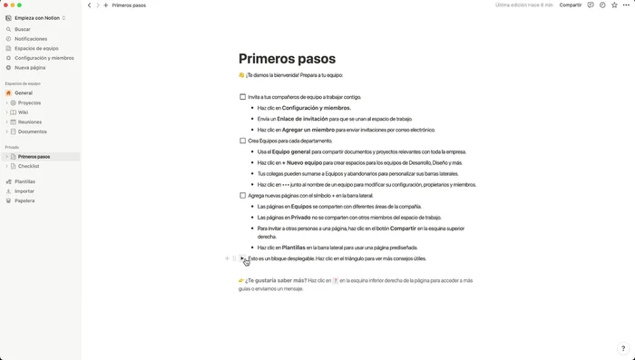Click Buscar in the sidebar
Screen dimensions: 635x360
[23, 29]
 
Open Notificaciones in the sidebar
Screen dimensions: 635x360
[31, 39]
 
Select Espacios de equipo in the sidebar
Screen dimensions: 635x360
[36, 48]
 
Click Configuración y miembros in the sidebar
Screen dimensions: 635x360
[44, 58]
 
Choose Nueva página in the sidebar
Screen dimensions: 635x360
[30, 67]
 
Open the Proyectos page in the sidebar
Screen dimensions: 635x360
[29, 102]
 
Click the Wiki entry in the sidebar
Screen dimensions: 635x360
[24, 112]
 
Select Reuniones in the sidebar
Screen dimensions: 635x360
[30, 122]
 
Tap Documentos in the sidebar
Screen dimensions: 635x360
[33, 131]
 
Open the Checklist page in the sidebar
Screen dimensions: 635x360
[28, 166]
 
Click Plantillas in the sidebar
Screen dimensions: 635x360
[25, 181]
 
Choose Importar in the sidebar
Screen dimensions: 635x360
[24, 191]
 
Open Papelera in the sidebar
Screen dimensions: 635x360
[24, 200]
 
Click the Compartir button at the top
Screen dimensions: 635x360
[571, 5]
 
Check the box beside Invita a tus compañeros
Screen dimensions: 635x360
[243, 96]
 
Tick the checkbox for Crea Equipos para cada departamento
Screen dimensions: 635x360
[243, 141]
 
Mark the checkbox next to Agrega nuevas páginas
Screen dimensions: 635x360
[243, 195]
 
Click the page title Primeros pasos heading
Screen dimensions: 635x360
[287, 59]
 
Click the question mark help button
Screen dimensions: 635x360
[622, 348]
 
